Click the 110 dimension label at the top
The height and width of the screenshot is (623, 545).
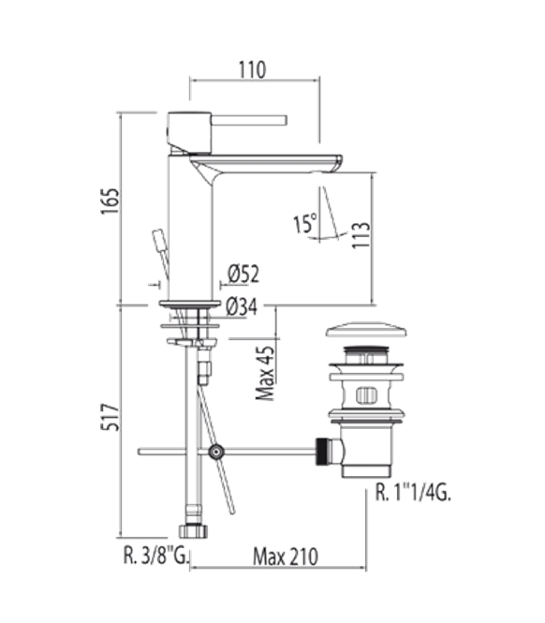(x=252, y=70)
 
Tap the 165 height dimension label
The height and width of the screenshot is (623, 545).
(x=110, y=201)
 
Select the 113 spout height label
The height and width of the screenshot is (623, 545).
(x=361, y=235)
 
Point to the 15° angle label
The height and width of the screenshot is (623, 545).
(x=305, y=223)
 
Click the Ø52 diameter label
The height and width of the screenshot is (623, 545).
(x=243, y=274)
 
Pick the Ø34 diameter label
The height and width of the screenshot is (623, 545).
(x=242, y=306)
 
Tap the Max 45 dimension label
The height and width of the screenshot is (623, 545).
(x=265, y=373)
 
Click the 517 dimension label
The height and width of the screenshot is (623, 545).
(x=110, y=417)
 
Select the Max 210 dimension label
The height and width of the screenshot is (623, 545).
(x=286, y=556)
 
